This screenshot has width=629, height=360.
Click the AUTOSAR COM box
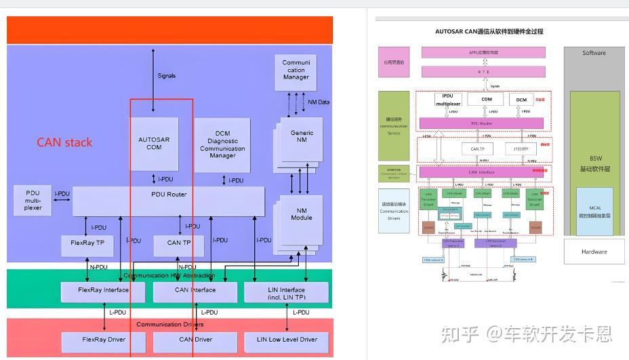tap(154, 143)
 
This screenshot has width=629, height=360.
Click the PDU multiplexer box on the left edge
tap(33, 200)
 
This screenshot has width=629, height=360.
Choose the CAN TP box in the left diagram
tap(178, 243)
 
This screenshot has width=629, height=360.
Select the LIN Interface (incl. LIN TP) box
tap(286, 292)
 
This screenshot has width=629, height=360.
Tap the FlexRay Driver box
tap(103, 340)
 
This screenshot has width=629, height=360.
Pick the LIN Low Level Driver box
tap(286, 340)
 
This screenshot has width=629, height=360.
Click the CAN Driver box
tap(195, 340)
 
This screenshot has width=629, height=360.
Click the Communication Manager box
tap(296, 70)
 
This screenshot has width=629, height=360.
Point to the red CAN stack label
tap(64, 142)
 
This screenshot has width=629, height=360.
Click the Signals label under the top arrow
tap(166, 76)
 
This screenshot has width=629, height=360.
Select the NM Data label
tap(319, 102)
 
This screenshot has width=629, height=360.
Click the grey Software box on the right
tap(594, 53)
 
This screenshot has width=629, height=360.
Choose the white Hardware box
tap(594, 252)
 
